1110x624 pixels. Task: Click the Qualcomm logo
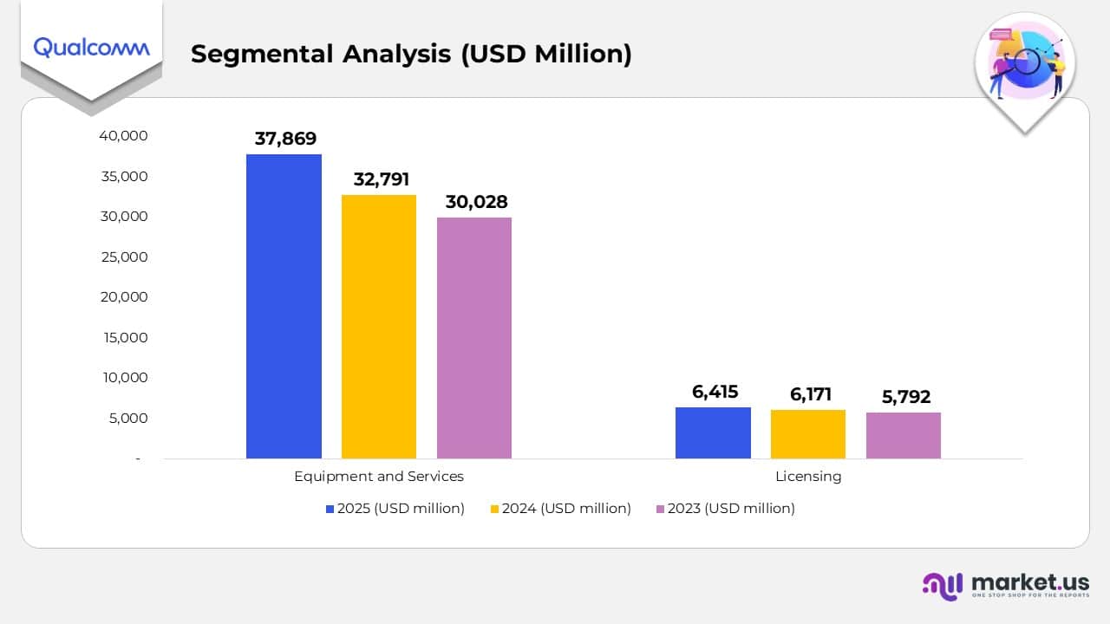click(91, 47)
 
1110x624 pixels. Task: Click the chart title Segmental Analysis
click(411, 54)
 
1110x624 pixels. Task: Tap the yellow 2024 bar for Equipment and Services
click(379, 327)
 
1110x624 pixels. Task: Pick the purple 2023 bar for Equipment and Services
click(474, 338)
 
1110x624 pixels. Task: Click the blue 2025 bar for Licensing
click(713, 432)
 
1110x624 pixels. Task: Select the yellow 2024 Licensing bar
click(808, 434)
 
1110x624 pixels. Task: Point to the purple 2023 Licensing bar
click(904, 435)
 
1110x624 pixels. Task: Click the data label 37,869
click(285, 139)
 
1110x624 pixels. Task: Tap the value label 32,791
click(381, 180)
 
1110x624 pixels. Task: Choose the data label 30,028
click(476, 202)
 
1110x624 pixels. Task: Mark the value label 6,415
click(715, 392)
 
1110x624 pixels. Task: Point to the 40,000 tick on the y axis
click(124, 136)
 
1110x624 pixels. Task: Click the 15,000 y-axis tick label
click(124, 337)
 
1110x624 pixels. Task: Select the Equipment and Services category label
click(379, 476)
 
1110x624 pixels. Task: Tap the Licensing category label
click(808, 476)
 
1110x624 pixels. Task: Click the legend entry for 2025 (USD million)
click(395, 509)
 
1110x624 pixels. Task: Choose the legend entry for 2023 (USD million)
click(725, 509)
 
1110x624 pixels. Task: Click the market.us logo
click(1006, 585)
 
